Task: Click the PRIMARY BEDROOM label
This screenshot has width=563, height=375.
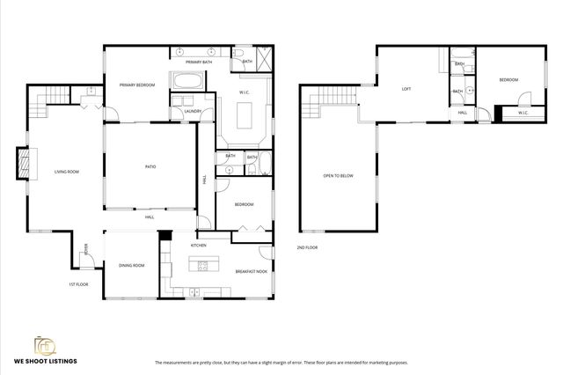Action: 137,85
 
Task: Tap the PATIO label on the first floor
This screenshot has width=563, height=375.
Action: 150,165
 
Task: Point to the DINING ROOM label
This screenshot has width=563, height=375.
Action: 132,265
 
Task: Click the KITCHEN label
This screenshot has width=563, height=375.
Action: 199,245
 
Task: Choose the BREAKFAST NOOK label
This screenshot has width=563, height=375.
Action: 251,271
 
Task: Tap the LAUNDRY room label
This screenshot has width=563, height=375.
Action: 195,112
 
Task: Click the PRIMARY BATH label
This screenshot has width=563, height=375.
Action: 198,62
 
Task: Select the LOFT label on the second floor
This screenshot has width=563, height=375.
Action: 406,89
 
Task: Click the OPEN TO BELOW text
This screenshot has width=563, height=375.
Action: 339,176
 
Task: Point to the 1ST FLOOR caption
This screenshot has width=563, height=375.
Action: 78,284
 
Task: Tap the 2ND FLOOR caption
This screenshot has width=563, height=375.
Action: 307,247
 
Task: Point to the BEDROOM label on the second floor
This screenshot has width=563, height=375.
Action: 508,80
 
